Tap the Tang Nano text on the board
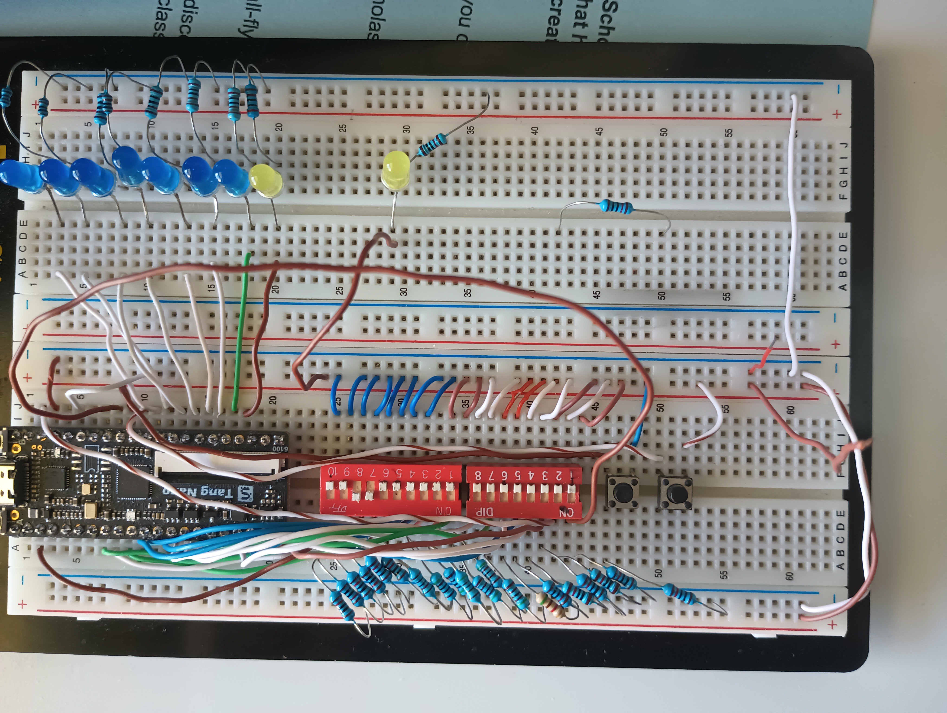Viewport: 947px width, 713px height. coord(205,493)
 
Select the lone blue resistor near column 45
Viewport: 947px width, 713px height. coord(616,207)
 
